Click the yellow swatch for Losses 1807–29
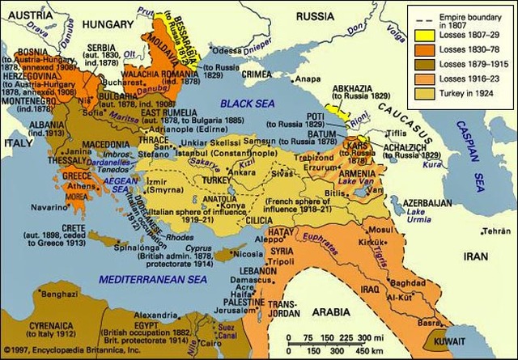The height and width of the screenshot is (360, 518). [421, 35]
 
